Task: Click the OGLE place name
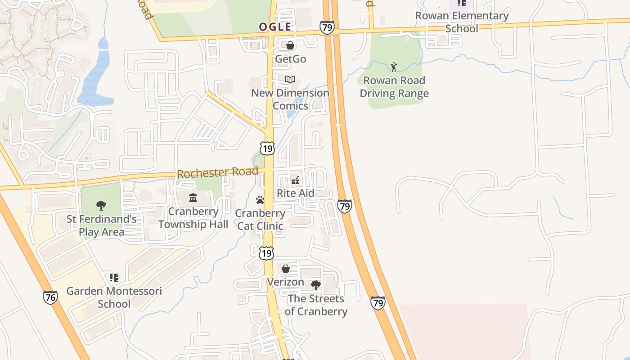click(x=275, y=27)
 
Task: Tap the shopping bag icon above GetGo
click(x=290, y=45)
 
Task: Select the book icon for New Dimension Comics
click(x=290, y=80)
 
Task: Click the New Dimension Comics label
click(x=290, y=99)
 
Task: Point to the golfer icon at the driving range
click(x=394, y=67)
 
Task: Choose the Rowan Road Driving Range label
click(x=394, y=87)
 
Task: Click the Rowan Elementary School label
click(x=462, y=22)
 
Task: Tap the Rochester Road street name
click(x=217, y=172)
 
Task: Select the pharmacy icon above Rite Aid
click(x=296, y=180)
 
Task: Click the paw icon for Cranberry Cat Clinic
click(x=260, y=200)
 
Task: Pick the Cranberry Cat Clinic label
click(x=260, y=220)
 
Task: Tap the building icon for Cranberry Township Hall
click(x=193, y=198)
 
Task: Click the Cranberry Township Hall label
click(x=193, y=218)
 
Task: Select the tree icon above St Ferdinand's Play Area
click(x=101, y=206)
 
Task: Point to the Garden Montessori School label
click(x=114, y=297)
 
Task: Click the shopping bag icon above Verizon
click(x=285, y=269)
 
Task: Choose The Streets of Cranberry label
click(x=316, y=305)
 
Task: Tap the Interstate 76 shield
click(x=50, y=297)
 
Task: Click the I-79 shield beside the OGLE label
click(x=327, y=28)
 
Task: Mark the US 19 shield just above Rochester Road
click(x=267, y=148)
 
